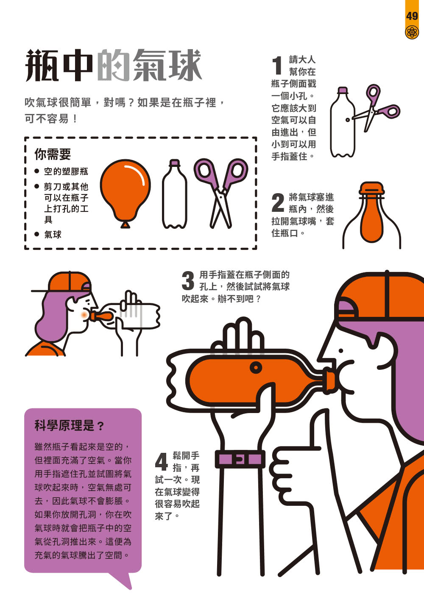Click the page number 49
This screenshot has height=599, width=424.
pyautogui.click(x=412, y=17)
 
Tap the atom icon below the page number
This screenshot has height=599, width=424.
pyautogui.click(x=412, y=33)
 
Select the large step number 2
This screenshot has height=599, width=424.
pyautogui.click(x=278, y=202)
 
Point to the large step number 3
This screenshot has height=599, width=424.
pyautogui.click(x=188, y=280)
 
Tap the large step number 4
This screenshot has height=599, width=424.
pyautogui.click(x=162, y=462)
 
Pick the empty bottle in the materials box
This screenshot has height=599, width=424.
pyautogui.click(x=175, y=194)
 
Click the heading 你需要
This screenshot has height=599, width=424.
pyautogui.click(x=53, y=154)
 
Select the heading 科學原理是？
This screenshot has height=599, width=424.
pyautogui.click(x=69, y=425)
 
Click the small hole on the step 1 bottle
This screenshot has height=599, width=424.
pyautogui.click(x=347, y=120)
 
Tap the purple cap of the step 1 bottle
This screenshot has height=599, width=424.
pyautogui.click(x=343, y=90)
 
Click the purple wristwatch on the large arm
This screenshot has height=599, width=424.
pyautogui.click(x=240, y=459)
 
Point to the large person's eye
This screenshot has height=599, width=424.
pyautogui.click(x=341, y=351)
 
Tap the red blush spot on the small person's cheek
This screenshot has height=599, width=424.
pyautogui.click(x=84, y=315)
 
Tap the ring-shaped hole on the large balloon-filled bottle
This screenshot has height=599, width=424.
pyautogui.click(x=256, y=367)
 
